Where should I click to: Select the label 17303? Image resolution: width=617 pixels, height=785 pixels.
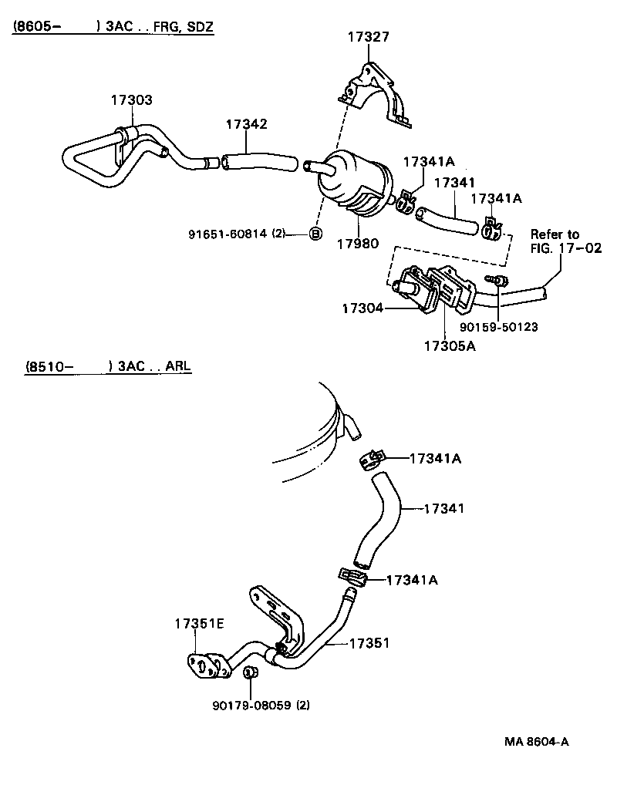(x=130, y=100)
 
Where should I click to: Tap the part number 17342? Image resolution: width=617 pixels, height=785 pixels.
(x=246, y=124)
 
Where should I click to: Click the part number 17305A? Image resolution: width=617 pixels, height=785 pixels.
(x=449, y=345)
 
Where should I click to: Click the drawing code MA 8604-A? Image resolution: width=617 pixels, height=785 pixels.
(x=537, y=742)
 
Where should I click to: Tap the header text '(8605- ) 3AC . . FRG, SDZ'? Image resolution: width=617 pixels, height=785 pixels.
(x=113, y=28)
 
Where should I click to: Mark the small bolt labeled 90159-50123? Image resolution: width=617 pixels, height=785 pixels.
(x=499, y=281)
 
